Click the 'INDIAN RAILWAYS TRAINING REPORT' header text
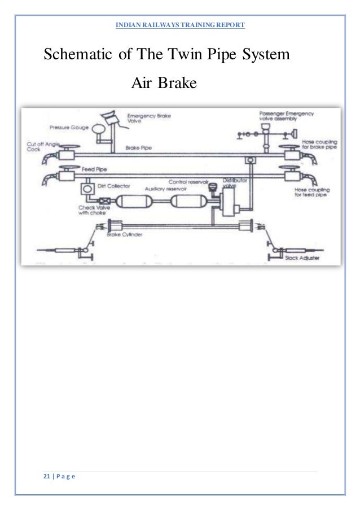[179, 25]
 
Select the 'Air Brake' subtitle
[163, 84]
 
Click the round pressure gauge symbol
[101, 128]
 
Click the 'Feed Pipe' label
[93, 169]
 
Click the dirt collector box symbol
[87, 187]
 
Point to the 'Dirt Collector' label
[115, 185]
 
